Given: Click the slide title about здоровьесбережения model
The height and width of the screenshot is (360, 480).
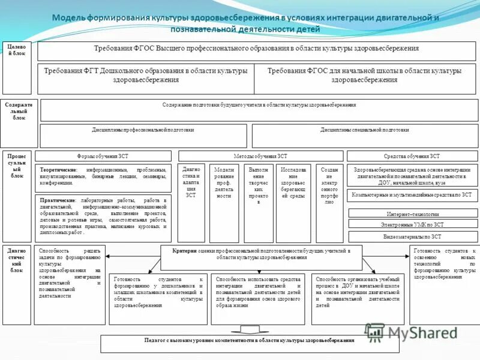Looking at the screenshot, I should click(245, 23).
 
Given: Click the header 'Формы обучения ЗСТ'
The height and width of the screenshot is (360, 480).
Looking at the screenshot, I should click(103, 155).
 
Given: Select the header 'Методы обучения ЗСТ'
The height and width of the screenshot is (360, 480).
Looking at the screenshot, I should click(260, 155).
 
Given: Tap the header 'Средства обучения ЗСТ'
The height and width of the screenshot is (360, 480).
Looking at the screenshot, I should click(412, 155).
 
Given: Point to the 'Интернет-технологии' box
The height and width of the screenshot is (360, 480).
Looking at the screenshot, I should click(412, 214).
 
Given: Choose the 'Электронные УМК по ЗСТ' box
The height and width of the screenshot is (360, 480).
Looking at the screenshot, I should click(412, 225).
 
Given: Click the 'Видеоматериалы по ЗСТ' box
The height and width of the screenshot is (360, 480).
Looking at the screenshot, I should click(412, 236).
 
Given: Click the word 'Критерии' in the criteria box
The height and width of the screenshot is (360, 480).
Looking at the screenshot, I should click(184, 250).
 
